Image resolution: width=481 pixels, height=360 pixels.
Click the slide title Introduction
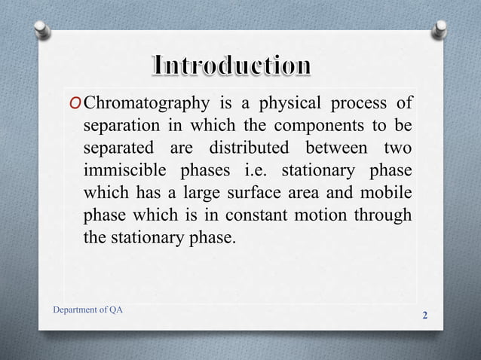pyautogui.click(x=231, y=66)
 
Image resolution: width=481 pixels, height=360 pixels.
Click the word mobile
pyautogui.click(x=388, y=193)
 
